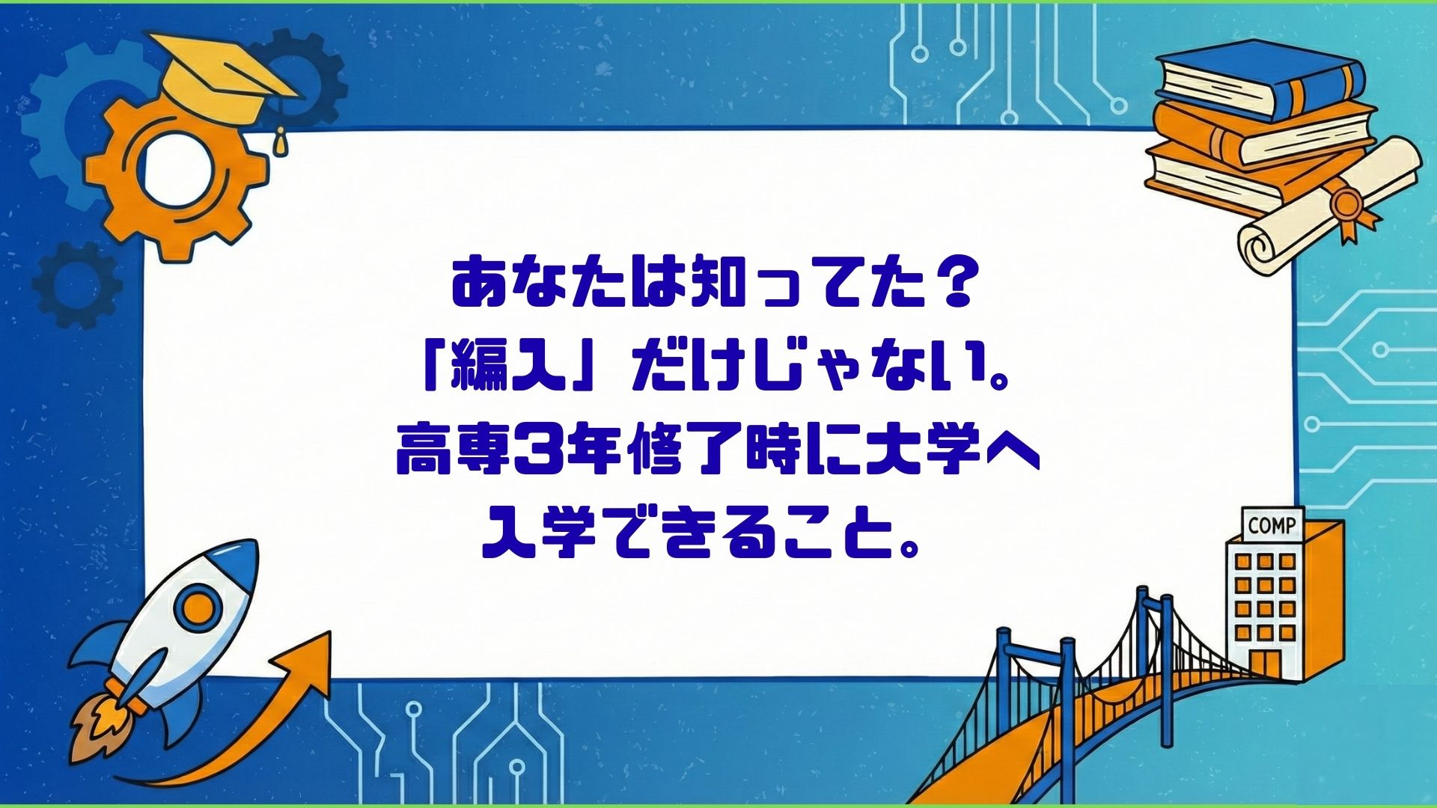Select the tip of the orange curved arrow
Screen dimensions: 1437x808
(x=329, y=633)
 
